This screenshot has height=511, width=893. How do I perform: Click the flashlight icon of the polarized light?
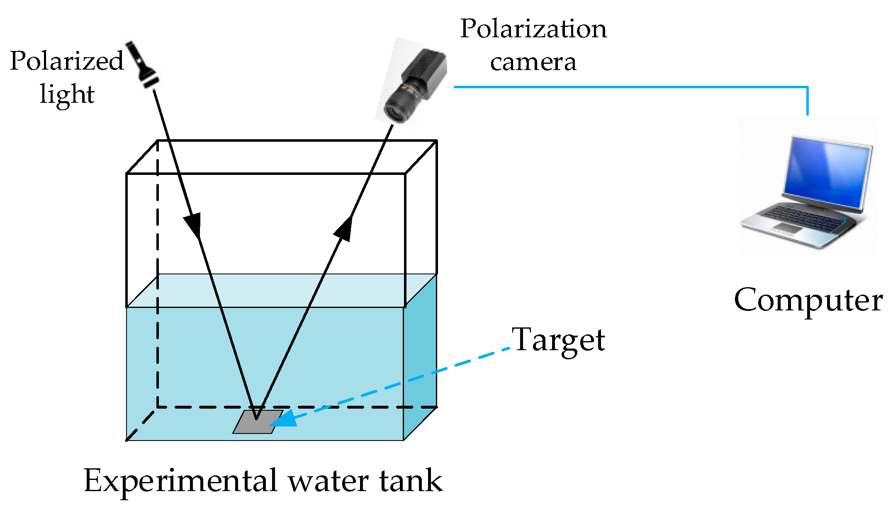pyautogui.click(x=143, y=64)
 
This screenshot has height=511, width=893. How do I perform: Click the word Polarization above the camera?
pyautogui.click(x=533, y=29)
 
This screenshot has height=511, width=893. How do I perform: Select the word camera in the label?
pyautogui.click(x=533, y=62)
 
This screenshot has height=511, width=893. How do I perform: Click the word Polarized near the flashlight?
pyautogui.click(x=67, y=61)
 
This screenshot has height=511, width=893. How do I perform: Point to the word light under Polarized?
pyautogui.click(x=67, y=94)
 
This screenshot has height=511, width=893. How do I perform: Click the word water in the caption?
pyautogui.click(x=328, y=482)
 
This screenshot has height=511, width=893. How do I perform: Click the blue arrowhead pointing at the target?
pyautogui.click(x=285, y=419)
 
